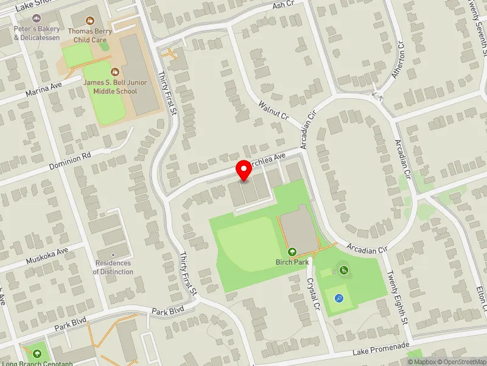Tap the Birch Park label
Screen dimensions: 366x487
click(x=292, y=262)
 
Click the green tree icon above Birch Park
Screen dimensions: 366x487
click(x=292, y=251)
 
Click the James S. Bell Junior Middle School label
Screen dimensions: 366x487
click(x=111, y=87)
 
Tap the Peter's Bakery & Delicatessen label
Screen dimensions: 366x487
click(x=37, y=33)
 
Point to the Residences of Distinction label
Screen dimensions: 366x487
click(x=113, y=267)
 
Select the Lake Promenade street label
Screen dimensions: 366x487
click(x=382, y=349)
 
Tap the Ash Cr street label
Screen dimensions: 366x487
click(x=284, y=4)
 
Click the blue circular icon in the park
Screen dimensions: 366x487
click(x=338, y=298)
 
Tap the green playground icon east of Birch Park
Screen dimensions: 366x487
click(x=344, y=270)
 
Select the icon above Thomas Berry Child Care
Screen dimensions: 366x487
click(x=91, y=20)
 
